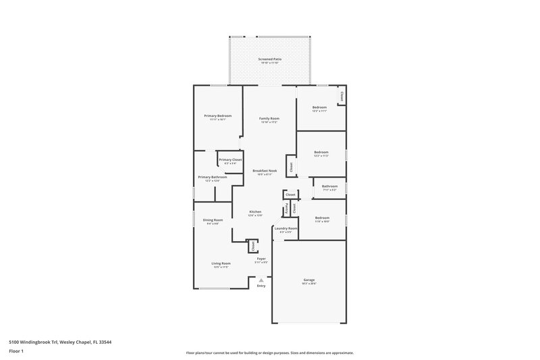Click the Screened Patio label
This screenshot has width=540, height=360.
tap(269, 59)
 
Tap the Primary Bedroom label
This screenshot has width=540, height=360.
tap(218, 115)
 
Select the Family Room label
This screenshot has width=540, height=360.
tap(269, 118)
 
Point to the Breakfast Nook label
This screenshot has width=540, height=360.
tap(265, 171)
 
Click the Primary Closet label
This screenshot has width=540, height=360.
tap(230, 160)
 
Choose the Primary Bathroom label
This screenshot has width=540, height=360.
tap(212, 177)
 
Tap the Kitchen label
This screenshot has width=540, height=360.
tap(255, 212)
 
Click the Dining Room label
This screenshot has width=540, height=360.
tap(213, 220)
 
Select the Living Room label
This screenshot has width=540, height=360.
tap(221, 263)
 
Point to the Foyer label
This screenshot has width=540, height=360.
tap(261, 259)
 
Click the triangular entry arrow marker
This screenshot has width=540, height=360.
tap(261, 279)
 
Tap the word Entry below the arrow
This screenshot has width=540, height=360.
tap(261, 286)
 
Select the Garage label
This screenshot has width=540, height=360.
tap(309, 280)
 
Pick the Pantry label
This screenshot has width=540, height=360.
tap(287, 208)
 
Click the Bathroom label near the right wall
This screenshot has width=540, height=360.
tap(329, 186)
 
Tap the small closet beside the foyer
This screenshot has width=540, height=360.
tap(252, 247)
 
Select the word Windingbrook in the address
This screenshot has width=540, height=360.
tap(38, 342)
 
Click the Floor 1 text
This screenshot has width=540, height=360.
tap(16, 351)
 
